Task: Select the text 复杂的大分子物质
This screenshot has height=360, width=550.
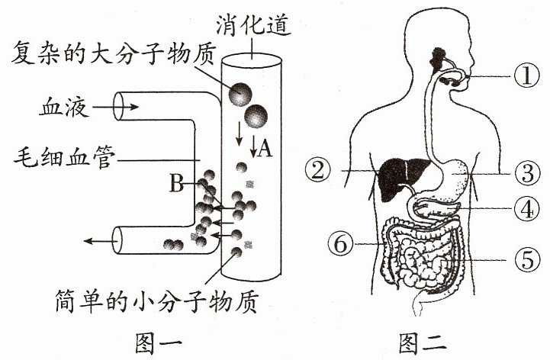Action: tap(113, 53)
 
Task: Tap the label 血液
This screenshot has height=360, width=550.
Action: tap(63, 107)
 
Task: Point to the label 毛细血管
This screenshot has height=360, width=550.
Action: tap(65, 158)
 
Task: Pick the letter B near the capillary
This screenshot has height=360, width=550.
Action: tap(176, 183)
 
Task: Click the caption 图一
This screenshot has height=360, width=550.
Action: tap(159, 342)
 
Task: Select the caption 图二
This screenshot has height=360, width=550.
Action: tap(423, 342)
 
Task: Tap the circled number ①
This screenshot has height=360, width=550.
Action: tap(527, 76)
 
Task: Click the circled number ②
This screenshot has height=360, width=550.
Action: tap(318, 171)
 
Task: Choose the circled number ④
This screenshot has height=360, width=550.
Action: tap(527, 210)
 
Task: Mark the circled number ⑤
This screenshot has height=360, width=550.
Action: tap(528, 260)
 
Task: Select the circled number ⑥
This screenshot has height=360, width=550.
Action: tap(340, 243)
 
